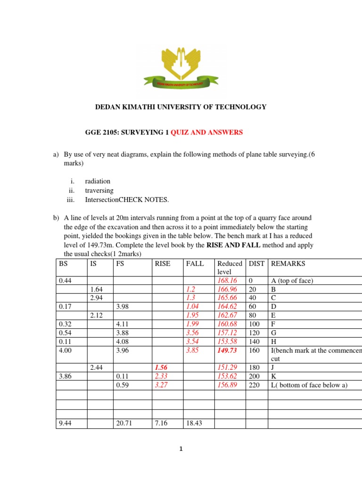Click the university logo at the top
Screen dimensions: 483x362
tap(181, 67)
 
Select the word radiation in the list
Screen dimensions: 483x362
tap(98, 181)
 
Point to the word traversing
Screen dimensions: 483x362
tap(99, 191)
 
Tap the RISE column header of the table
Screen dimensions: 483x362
tap(163, 264)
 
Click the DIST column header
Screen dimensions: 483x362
tap(257, 264)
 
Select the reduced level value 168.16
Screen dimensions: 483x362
tap(228, 281)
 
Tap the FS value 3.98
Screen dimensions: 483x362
tap(123, 307)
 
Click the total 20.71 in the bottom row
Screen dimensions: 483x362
tap(124, 424)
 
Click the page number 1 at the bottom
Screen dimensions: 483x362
tap(181, 450)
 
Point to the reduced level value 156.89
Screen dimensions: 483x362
tap(228, 385)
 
